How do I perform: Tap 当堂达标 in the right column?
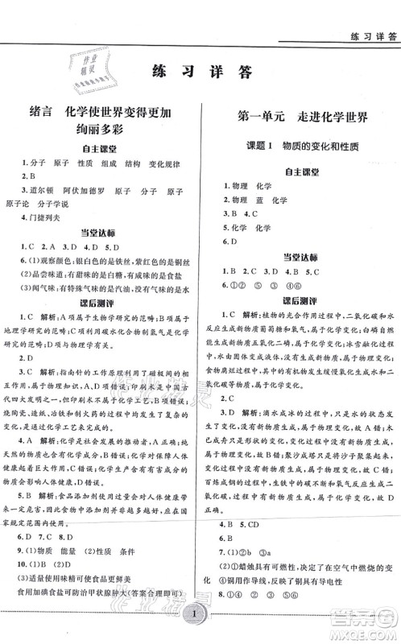300,257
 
